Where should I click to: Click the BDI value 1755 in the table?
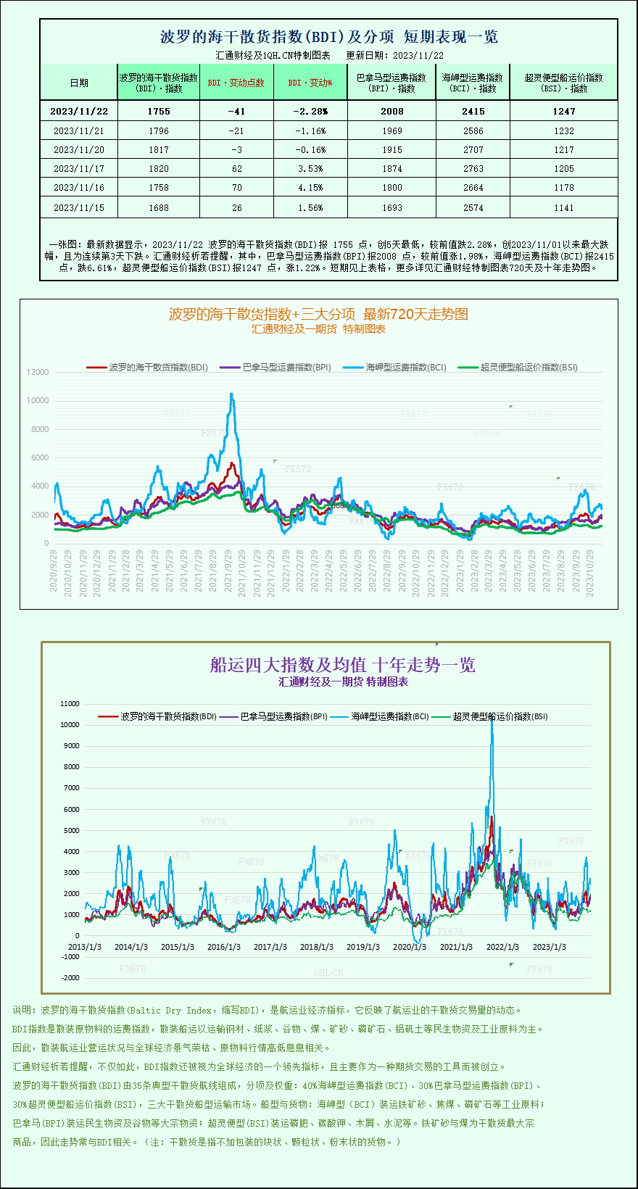click(158, 111)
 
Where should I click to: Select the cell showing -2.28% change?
click(310, 111)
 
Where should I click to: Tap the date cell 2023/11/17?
click(79, 168)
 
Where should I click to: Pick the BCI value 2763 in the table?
click(473, 168)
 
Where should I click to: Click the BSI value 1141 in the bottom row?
click(563, 207)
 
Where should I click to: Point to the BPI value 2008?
click(391, 111)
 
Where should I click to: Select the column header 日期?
click(79, 83)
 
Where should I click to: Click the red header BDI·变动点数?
click(236, 83)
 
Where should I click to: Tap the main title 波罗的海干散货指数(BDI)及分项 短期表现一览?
click(328, 36)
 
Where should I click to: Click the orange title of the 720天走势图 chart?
click(318, 314)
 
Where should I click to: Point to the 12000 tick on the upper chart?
click(38, 372)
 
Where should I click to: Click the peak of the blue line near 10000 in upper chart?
click(232, 394)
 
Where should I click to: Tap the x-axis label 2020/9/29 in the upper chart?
click(54, 571)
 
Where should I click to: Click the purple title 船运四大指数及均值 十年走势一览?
click(342, 665)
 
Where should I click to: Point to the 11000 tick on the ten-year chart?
click(70, 703)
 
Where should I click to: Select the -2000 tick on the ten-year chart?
click(70, 977)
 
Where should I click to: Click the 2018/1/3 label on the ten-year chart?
click(317, 947)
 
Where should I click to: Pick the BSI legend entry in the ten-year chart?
click(500, 716)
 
